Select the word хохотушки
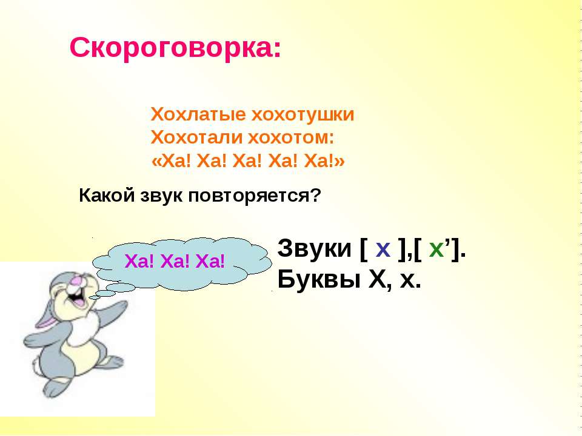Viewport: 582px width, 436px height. [x=303, y=115]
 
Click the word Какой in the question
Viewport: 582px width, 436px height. [x=107, y=196]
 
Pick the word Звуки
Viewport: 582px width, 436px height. [x=314, y=248]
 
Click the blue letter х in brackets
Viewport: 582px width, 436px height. [x=383, y=249]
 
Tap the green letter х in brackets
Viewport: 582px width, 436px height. [x=436, y=249]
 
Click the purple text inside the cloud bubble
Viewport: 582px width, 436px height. [x=175, y=262]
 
